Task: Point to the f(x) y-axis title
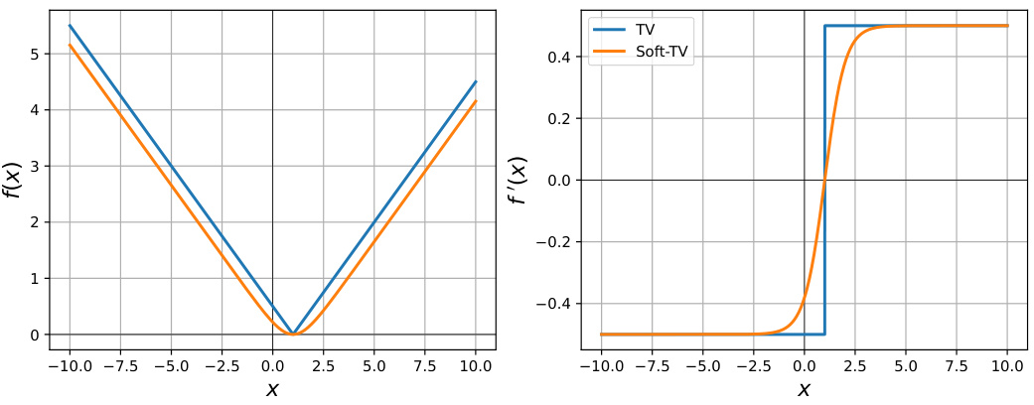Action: (13, 180)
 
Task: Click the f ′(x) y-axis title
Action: (517, 180)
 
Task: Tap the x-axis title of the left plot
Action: (272, 390)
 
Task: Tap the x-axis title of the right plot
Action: (804, 390)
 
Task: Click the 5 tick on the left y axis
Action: (34, 54)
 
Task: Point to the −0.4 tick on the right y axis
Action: (551, 304)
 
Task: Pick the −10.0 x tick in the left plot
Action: (70, 365)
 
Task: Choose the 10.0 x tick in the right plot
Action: (1007, 365)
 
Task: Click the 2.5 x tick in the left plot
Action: (323, 365)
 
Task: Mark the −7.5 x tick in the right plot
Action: (652, 365)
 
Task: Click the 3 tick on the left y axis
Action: (34, 166)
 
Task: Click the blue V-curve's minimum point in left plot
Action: (293, 334)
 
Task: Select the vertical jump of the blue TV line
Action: (824, 180)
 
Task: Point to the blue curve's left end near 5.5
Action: (70, 26)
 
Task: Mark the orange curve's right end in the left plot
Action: (476, 101)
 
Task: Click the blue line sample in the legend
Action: (609, 30)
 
